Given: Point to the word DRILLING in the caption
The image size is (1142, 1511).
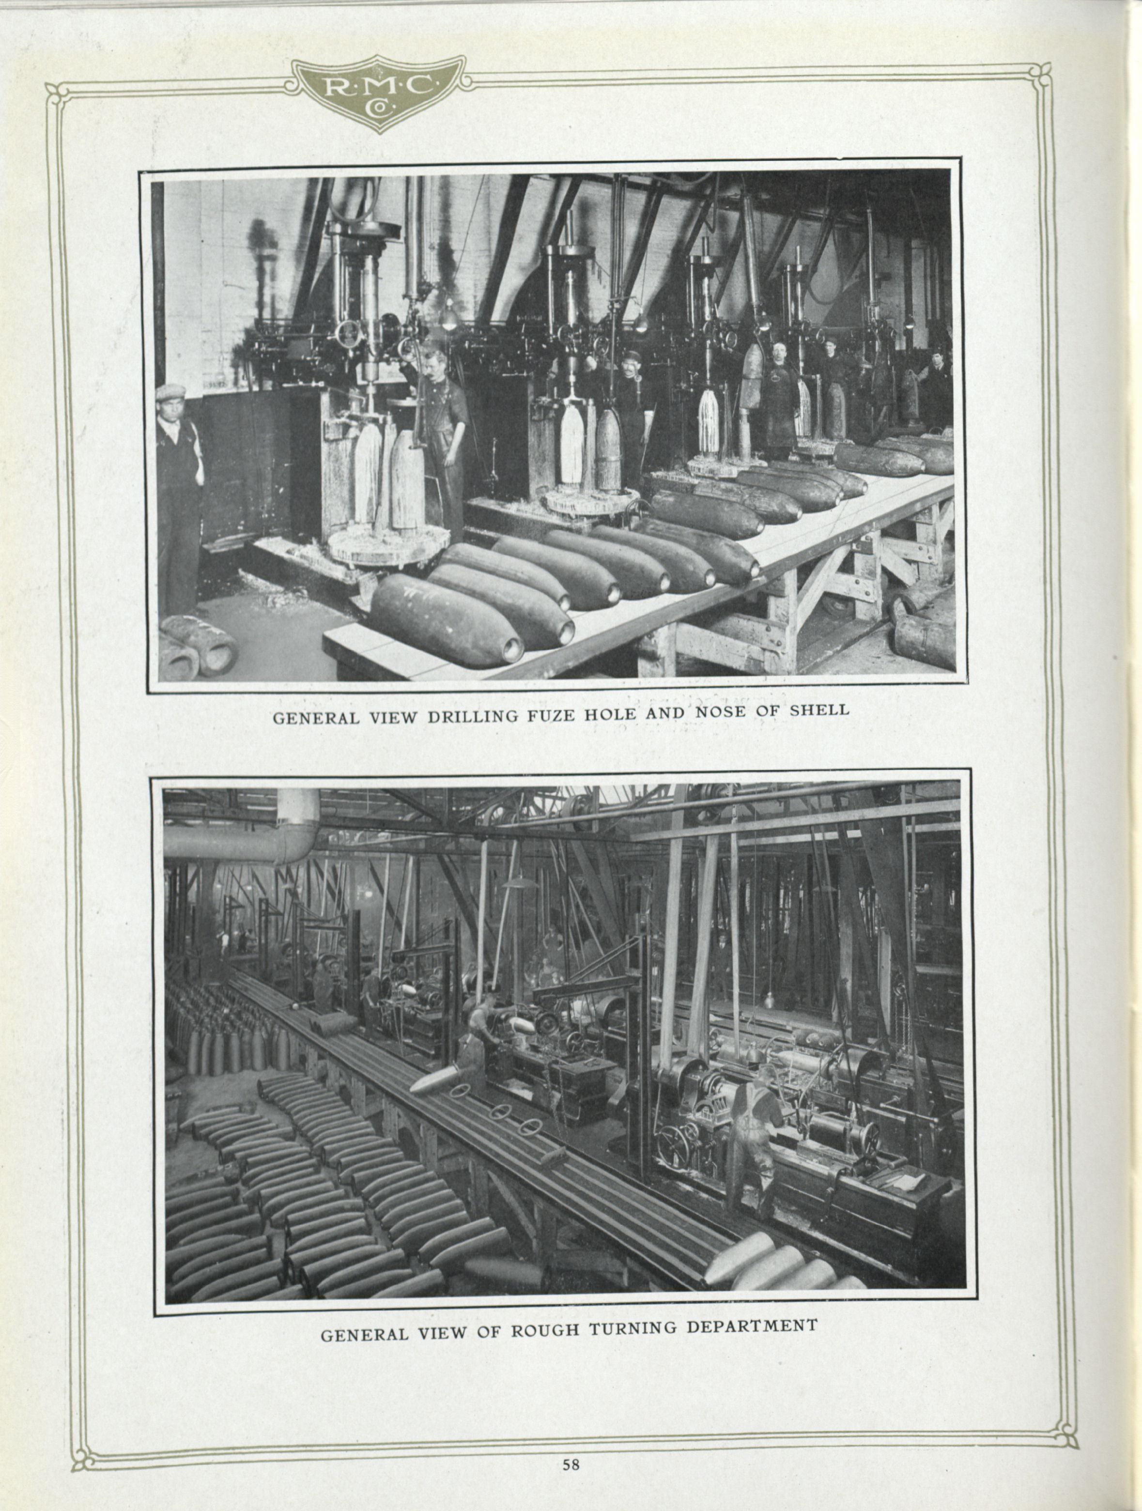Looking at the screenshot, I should (482, 717).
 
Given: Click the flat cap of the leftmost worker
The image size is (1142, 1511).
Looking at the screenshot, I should (170, 391).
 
